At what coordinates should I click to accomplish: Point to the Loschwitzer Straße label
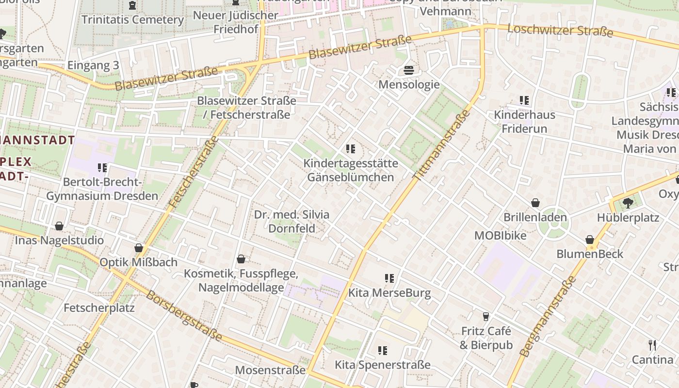[560, 30]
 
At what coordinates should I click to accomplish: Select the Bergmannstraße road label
[549, 316]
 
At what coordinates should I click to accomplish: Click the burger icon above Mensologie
[408, 70]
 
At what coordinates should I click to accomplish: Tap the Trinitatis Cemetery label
[132, 20]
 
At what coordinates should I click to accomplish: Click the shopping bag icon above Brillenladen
[535, 203]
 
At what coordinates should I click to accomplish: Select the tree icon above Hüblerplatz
[628, 203]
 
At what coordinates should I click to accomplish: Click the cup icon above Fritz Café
[485, 317]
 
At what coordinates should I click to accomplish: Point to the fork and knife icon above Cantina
[652, 345]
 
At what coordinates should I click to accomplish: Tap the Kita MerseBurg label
[389, 293]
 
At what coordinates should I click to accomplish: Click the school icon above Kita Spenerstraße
[383, 350]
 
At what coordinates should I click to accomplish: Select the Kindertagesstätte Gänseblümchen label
[351, 170]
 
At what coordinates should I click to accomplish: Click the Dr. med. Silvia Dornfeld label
[291, 221]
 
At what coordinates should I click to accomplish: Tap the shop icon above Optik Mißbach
[139, 248]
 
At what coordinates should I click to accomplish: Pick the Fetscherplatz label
[99, 307]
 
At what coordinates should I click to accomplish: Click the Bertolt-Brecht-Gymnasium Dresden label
[102, 189]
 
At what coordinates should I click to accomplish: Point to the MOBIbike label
[500, 235]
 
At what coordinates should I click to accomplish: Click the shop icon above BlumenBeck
[590, 240]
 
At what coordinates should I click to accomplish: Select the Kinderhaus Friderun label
[524, 122]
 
